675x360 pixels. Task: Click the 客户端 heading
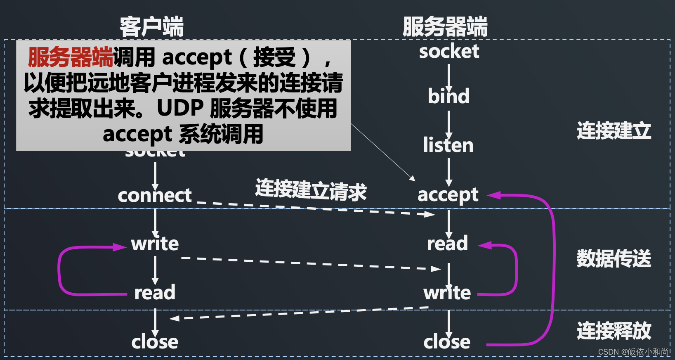(x=151, y=27)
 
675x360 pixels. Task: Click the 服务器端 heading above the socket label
(x=445, y=27)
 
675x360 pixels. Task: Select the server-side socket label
(x=449, y=52)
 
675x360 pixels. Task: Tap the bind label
(x=448, y=96)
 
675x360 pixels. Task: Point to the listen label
(x=448, y=145)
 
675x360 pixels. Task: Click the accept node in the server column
(x=448, y=195)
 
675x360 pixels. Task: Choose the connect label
(x=155, y=196)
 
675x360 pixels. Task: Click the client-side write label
(x=155, y=244)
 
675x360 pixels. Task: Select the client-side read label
(x=155, y=293)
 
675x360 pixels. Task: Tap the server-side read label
(x=448, y=244)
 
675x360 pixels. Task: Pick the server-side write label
(x=447, y=293)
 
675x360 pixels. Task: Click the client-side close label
(x=155, y=342)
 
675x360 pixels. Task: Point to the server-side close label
(x=447, y=342)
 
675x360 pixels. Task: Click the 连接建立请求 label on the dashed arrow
(x=311, y=190)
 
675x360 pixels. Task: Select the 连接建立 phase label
(x=614, y=131)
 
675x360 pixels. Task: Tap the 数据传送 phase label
(x=614, y=259)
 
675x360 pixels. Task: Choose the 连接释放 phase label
(x=614, y=331)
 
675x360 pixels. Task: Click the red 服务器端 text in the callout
(x=70, y=57)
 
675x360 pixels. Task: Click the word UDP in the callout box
(x=180, y=109)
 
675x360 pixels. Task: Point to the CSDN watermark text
(x=634, y=352)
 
